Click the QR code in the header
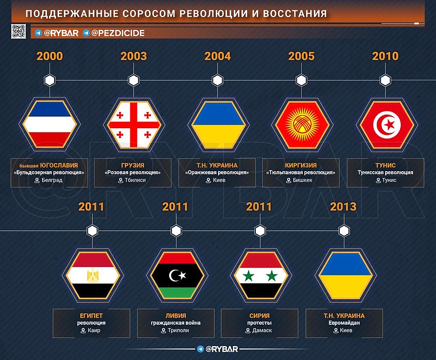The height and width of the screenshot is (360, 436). [x=18, y=31]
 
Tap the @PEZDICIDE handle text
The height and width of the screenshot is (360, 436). [x=118, y=33]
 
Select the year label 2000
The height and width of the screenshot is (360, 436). [x=50, y=56]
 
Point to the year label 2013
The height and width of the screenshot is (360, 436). [x=343, y=206]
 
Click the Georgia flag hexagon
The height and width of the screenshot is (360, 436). [x=134, y=124]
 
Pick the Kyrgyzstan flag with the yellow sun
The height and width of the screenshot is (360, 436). [x=302, y=124]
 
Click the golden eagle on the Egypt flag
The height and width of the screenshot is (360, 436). [x=92, y=275]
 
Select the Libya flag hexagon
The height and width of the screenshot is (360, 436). [x=177, y=275]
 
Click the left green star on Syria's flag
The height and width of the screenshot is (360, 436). [x=248, y=276]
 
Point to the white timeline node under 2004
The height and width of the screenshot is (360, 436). [x=217, y=80]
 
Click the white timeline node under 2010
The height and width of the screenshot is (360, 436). [x=385, y=80]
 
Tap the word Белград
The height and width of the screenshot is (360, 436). [x=52, y=180]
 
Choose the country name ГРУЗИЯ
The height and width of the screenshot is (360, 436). [x=133, y=165]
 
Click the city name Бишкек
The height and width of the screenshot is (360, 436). [x=303, y=180]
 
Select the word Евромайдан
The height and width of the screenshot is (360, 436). [x=344, y=323]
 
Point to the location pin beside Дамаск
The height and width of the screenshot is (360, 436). [x=248, y=331]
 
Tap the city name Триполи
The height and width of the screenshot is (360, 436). [x=178, y=330]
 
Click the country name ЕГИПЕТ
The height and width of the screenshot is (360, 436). [x=91, y=316]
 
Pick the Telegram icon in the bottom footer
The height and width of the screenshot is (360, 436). [x=200, y=349]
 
